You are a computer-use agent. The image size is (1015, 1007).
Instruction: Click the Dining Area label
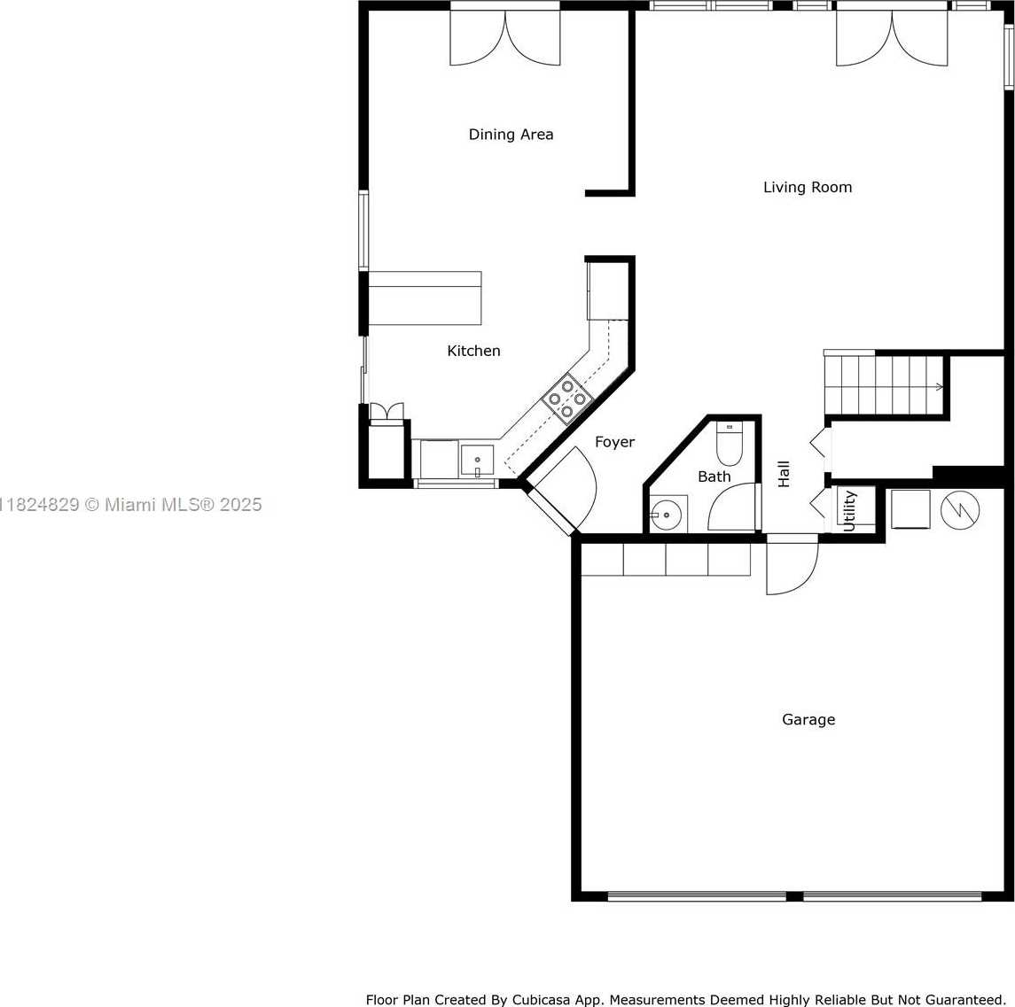click(x=511, y=135)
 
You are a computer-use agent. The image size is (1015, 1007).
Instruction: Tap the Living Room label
click(x=808, y=188)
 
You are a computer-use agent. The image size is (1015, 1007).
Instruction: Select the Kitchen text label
click(x=473, y=351)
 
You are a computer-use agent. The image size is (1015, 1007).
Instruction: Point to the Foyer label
click(x=614, y=442)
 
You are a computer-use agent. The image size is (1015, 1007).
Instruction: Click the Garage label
click(x=808, y=720)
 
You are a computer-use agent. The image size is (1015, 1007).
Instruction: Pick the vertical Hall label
click(x=784, y=474)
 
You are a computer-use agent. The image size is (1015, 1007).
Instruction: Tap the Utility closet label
click(x=849, y=511)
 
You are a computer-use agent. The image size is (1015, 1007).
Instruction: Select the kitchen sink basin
click(x=477, y=461)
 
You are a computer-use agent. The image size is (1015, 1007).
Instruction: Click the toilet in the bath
click(x=730, y=444)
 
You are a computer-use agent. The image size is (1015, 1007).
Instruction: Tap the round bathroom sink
click(x=666, y=515)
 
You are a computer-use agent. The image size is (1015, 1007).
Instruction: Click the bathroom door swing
click(x=732, y=507)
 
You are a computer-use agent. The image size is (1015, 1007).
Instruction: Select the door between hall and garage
click(x=792, y=564)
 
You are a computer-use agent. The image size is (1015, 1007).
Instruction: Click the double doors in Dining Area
click(x=505, y=37)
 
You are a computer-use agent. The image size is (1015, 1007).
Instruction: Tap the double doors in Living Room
click(x=892, y=37)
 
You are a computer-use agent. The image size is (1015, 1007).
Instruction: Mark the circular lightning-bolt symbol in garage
click(x=960, y=510)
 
